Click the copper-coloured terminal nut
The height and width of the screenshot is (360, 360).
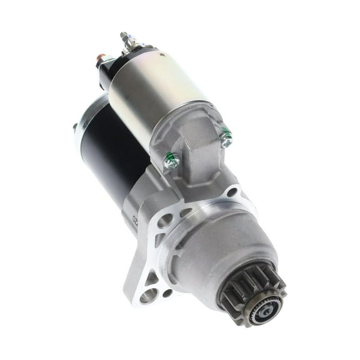pyautogui.click(x=100, y=61)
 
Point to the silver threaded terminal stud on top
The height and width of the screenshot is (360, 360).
pyautogui.click(x=128, y=41)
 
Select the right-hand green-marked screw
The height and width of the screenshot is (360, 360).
pyautogui.click(x=226, y=138)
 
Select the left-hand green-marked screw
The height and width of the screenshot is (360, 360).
pyautogui.click(x=170, y=162)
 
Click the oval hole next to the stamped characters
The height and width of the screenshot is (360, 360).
pyautogui.click(x=164, y=221)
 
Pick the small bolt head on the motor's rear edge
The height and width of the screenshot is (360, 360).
pyautogui.click(x=74, y=127)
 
